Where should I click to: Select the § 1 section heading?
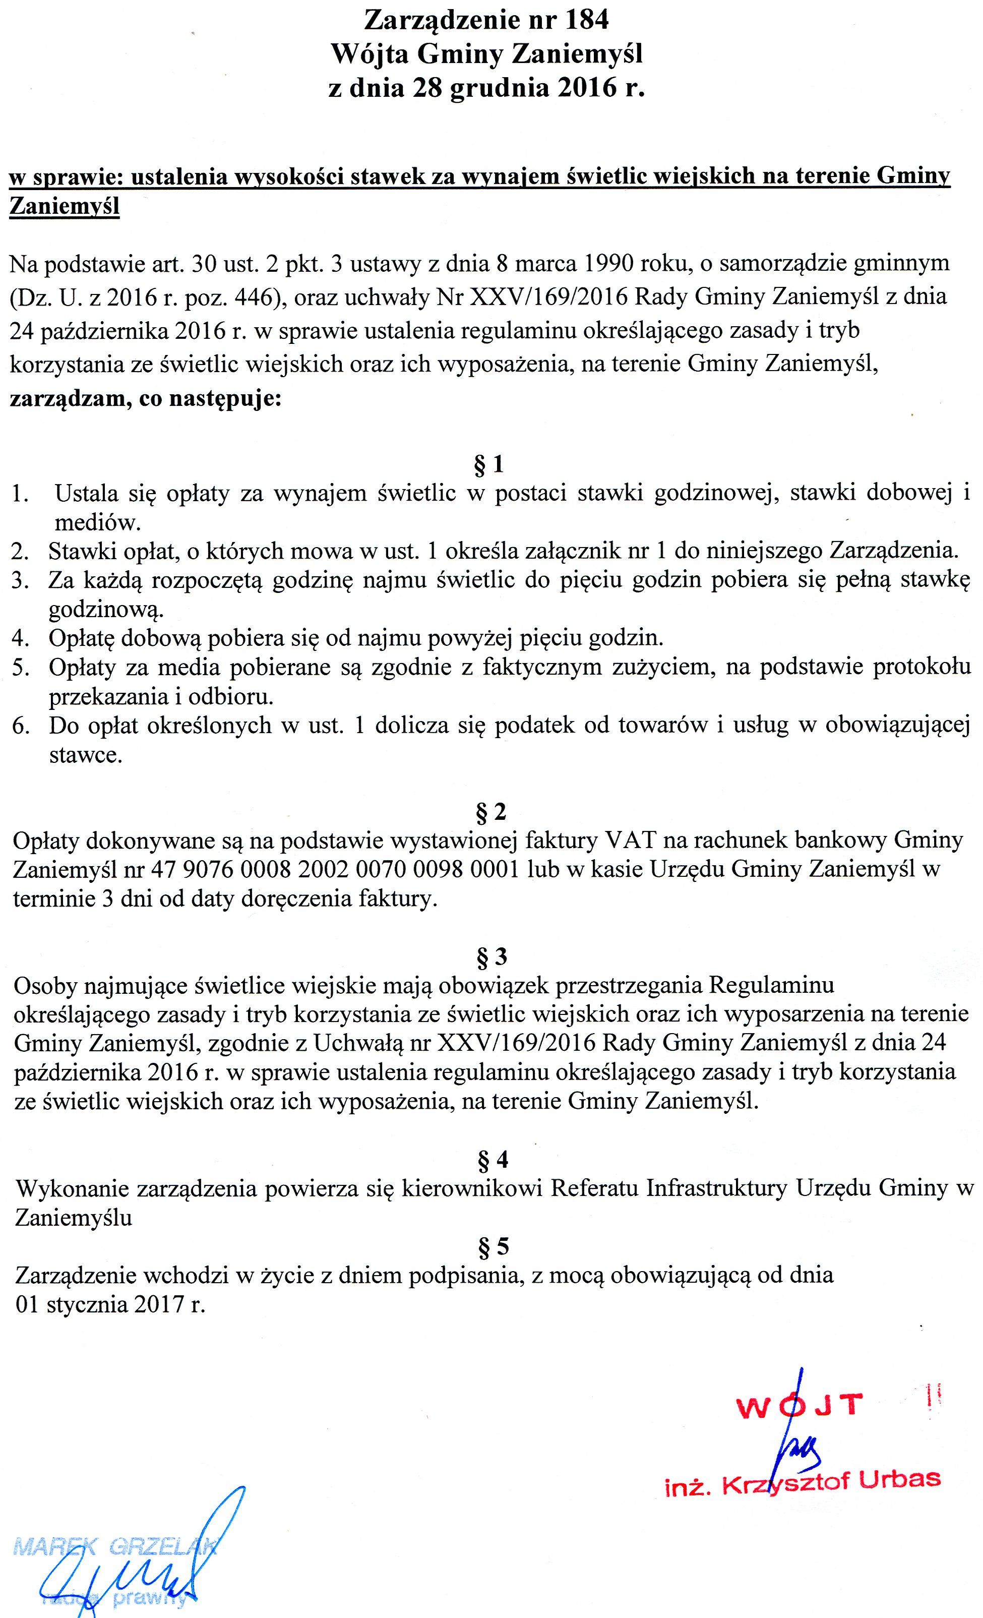coord(489,465)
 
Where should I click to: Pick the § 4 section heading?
coord(493,1160)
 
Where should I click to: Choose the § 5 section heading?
coord(493,1246)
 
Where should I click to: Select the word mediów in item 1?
coord(97,523)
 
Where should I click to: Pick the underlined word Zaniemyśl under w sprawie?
coord(65,207)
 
